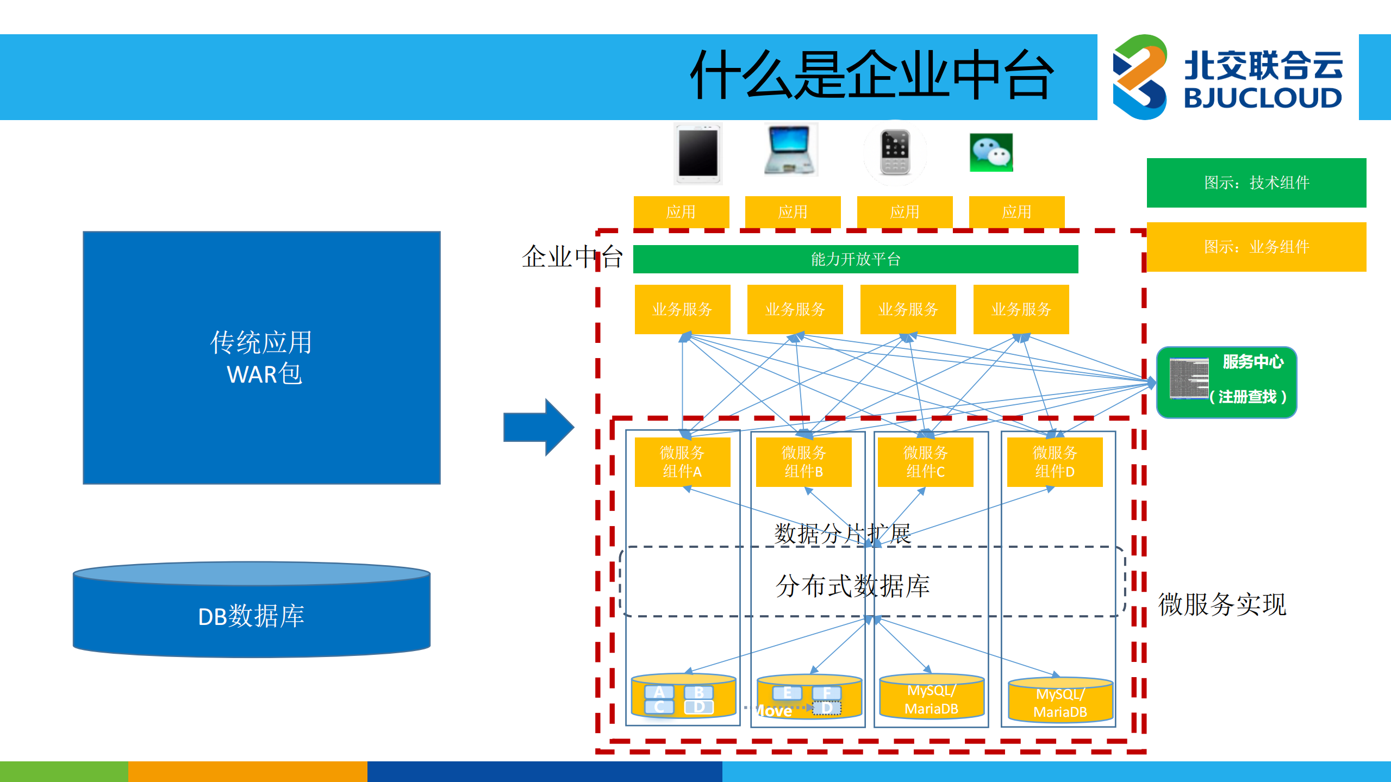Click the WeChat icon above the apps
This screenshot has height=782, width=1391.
pyautogui.click(x=991, y=152)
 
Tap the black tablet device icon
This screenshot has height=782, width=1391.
pyautogui.click(x=698, y=154)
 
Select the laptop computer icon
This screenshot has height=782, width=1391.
pyautogui.click(x=790, y=150)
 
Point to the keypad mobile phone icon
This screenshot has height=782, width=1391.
pyautogui.click(x=895, y=153)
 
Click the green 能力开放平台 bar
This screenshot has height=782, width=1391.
pyautogui.click(x=855, y=259)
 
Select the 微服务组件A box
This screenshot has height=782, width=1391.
pyautogui.click(x=682, y=462)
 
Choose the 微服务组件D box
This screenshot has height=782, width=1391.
pyautogui.click(x=1055, y=462)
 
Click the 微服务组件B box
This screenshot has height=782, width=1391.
pyautogui.click(x=803, y=462)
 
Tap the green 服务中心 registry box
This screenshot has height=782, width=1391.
pyautogui.click(x=1226, y=382)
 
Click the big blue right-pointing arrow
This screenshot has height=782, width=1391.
pyautogui.click(x=538, y=427)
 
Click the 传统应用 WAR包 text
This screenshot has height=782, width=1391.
pyautogui.click(x=262, y=358)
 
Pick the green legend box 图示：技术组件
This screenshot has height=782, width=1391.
pyautogui.click(x=1256, y=183)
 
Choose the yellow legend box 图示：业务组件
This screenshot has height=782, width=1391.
pyautogui.click(x=1256, y=247)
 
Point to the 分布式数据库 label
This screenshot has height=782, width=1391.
pyautogui.click(x=852, y=586)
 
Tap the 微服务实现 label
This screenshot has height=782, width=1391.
pyautogui.click(x=1222, y=604)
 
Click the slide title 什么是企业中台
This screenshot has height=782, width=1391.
pyautogui.click(x=872, y=76)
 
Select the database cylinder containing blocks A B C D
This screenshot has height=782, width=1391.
pyautogui.click(x=683, y=697)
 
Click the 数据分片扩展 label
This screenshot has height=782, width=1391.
pyautogui.click(x=842, y=534)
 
